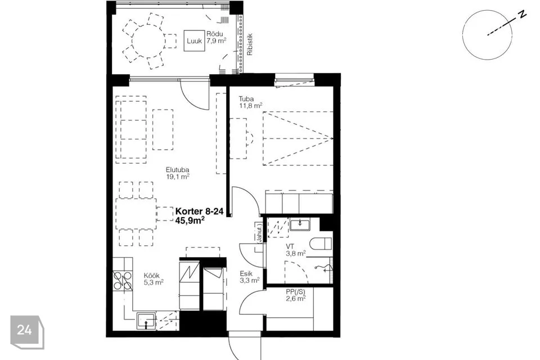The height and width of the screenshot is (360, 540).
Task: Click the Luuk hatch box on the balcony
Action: coord(194,41)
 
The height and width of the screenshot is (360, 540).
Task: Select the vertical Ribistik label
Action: coord(250,44)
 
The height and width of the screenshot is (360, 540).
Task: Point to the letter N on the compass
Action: coord(523,14)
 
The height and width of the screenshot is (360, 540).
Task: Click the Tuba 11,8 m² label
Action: coord(251,102)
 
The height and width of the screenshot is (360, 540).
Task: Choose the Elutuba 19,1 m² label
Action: coord(178,173)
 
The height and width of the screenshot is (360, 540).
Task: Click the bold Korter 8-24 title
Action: coord(199,211)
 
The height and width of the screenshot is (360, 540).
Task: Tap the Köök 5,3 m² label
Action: coord(153,279)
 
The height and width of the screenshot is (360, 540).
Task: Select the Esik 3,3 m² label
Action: coord(249,277)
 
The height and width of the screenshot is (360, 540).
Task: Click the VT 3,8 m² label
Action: coord(295,250)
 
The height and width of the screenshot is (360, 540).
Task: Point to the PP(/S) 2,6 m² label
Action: coord(295,295)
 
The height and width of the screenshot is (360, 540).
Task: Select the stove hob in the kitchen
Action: coord(123,281)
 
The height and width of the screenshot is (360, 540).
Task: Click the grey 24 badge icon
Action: coord(27,332)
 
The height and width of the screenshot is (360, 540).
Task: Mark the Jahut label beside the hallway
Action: coord(260,232)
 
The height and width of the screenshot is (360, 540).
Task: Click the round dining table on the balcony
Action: coord(148,41)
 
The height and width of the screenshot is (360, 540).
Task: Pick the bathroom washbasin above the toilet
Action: coord(300,224)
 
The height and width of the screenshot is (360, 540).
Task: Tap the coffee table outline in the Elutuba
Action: coord(163,129)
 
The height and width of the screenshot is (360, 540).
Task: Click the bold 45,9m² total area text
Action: coord(190,220)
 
